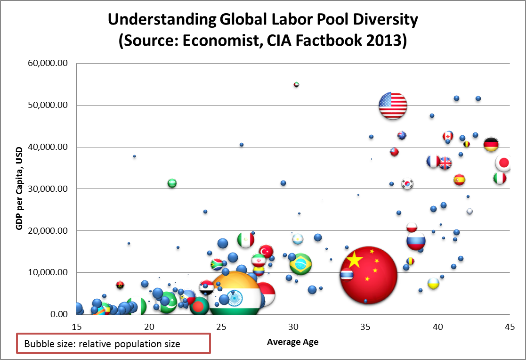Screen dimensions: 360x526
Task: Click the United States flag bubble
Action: (x=393, y=106)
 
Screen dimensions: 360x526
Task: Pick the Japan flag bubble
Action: (x=503, y=164)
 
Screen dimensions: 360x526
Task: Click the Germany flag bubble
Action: (x=491, y=144)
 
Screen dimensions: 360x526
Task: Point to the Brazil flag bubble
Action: (x=300, y=265)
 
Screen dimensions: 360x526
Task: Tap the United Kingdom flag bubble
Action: (x=445, y=163)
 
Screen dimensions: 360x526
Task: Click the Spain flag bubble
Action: (x=459, y=180)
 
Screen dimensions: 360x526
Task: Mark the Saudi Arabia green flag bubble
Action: (x=172, y=183)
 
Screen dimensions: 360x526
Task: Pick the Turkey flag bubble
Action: (x=266, y=251)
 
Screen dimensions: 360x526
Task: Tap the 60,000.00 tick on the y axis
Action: (x=46, y=63)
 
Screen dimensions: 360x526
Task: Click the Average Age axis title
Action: (x=292, y=343)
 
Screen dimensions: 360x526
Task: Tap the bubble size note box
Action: (x=113, y=344)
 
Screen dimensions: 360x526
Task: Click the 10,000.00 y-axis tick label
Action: (x=46, y=273)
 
